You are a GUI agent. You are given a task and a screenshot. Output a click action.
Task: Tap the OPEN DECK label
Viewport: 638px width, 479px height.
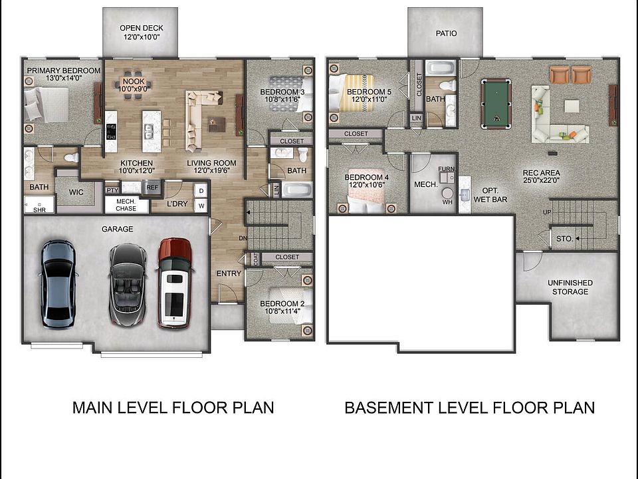tap(141, 32)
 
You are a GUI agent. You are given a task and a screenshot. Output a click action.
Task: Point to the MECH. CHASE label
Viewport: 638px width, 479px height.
tap(126, 204)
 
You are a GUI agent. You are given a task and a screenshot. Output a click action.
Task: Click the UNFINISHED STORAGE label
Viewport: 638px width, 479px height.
tap(570, 287)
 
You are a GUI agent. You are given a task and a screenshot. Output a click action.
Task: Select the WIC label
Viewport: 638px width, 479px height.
tap(76, 193)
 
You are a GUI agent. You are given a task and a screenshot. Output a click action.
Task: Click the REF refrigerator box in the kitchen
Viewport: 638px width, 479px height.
tap(152, 188)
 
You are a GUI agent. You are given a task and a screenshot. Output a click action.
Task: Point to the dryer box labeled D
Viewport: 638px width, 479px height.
tap(201, 190)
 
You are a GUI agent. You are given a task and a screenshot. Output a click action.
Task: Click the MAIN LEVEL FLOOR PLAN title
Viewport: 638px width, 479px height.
tap(173, 407)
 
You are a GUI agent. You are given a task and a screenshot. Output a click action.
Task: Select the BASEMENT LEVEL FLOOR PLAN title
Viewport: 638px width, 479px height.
tap(469, 407)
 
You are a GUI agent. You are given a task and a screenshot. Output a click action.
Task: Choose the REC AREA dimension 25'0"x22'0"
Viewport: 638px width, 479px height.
tap(542, 180)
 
